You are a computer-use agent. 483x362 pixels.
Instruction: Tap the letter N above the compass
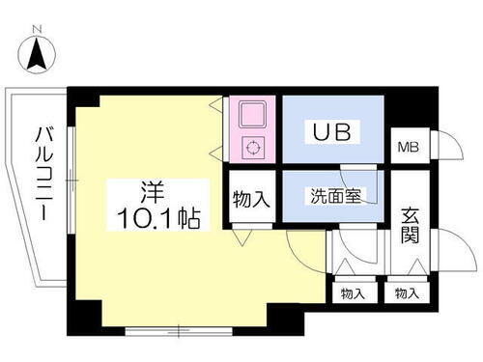click(x=38, y=30)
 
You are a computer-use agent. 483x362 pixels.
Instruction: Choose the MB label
click(x=409, y=149)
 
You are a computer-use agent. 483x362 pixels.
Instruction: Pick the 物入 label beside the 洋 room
click(x=251, y=200)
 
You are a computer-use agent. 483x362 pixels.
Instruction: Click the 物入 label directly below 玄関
click(x=406, y=292)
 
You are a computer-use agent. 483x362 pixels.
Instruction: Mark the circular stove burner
click(x=252, y=148)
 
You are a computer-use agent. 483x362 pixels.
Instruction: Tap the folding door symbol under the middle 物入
click(x=242, y=236)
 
